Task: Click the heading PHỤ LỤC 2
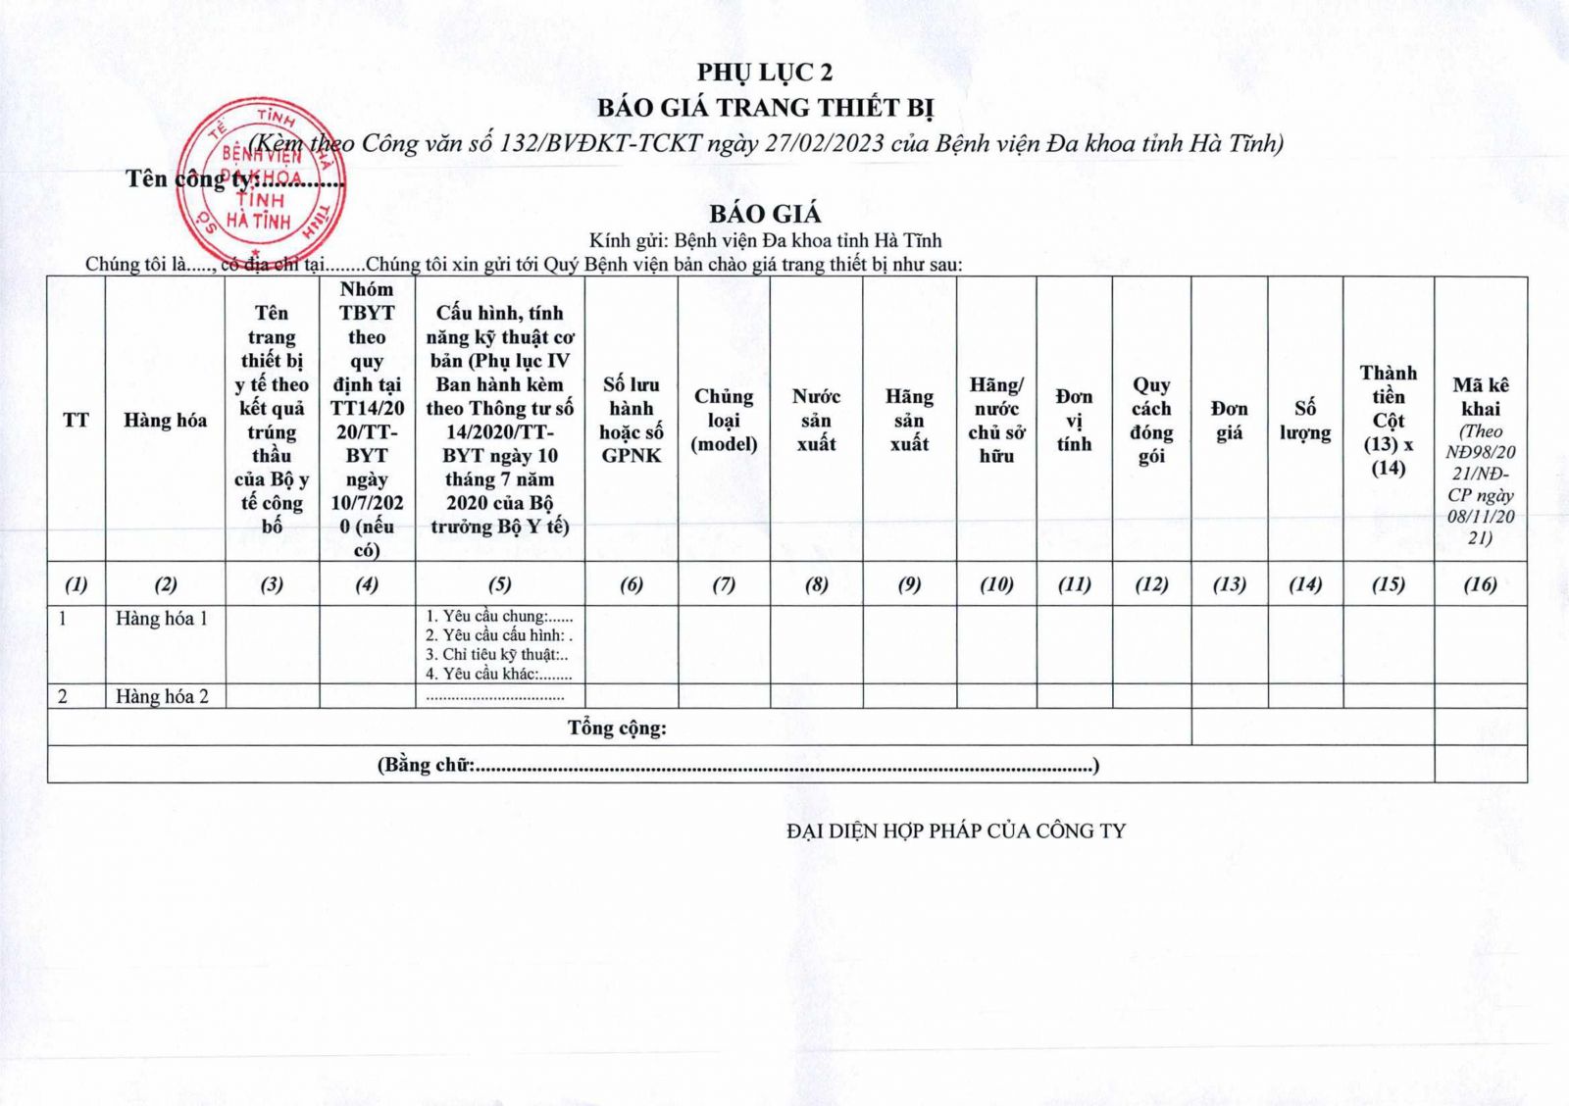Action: tap(765, 73)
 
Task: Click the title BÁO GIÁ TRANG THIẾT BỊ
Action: tap(765, 107)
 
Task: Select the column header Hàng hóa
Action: tap(165, 421)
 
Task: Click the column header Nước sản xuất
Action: tap(816, 420)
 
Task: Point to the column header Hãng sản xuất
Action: tap(909, 420)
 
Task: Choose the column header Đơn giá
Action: tap(1229, 420)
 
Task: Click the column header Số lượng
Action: tap(1304, 420)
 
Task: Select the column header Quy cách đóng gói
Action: tap(1151, 420)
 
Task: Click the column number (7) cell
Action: tap(724, 584)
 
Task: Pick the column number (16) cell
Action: tap(1480, 584)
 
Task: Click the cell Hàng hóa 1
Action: tap(162, 619)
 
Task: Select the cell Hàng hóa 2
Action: tap(162, 697)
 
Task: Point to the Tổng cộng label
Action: tap(617, 729)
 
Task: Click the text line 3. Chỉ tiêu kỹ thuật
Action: tap(497, 655)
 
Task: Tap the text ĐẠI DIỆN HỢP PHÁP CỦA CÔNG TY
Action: tap(956, 831)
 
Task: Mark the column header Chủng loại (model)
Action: tap(724, 420)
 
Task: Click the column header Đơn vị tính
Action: tap(1074, 420)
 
